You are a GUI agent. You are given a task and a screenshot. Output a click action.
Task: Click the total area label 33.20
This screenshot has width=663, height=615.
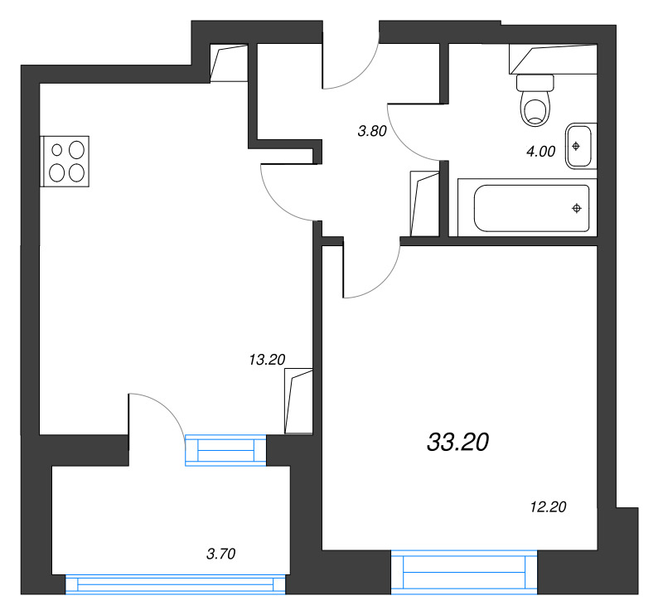coord(458,443)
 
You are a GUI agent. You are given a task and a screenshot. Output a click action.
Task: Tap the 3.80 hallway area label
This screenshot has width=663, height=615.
coord(372,130)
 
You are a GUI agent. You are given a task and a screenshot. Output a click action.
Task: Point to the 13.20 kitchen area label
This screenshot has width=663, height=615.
coord(267,359)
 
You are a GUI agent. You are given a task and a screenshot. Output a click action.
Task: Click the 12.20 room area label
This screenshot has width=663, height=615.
coord(548,507)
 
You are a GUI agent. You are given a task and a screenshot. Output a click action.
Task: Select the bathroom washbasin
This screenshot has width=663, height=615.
coord(578,146)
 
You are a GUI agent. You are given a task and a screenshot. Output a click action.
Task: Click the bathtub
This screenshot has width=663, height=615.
coord(531,208)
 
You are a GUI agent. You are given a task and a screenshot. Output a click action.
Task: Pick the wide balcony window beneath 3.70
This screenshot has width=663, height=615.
coord(175,585)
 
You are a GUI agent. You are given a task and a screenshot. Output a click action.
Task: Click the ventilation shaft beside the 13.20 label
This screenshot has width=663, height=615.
coord(298,401)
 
